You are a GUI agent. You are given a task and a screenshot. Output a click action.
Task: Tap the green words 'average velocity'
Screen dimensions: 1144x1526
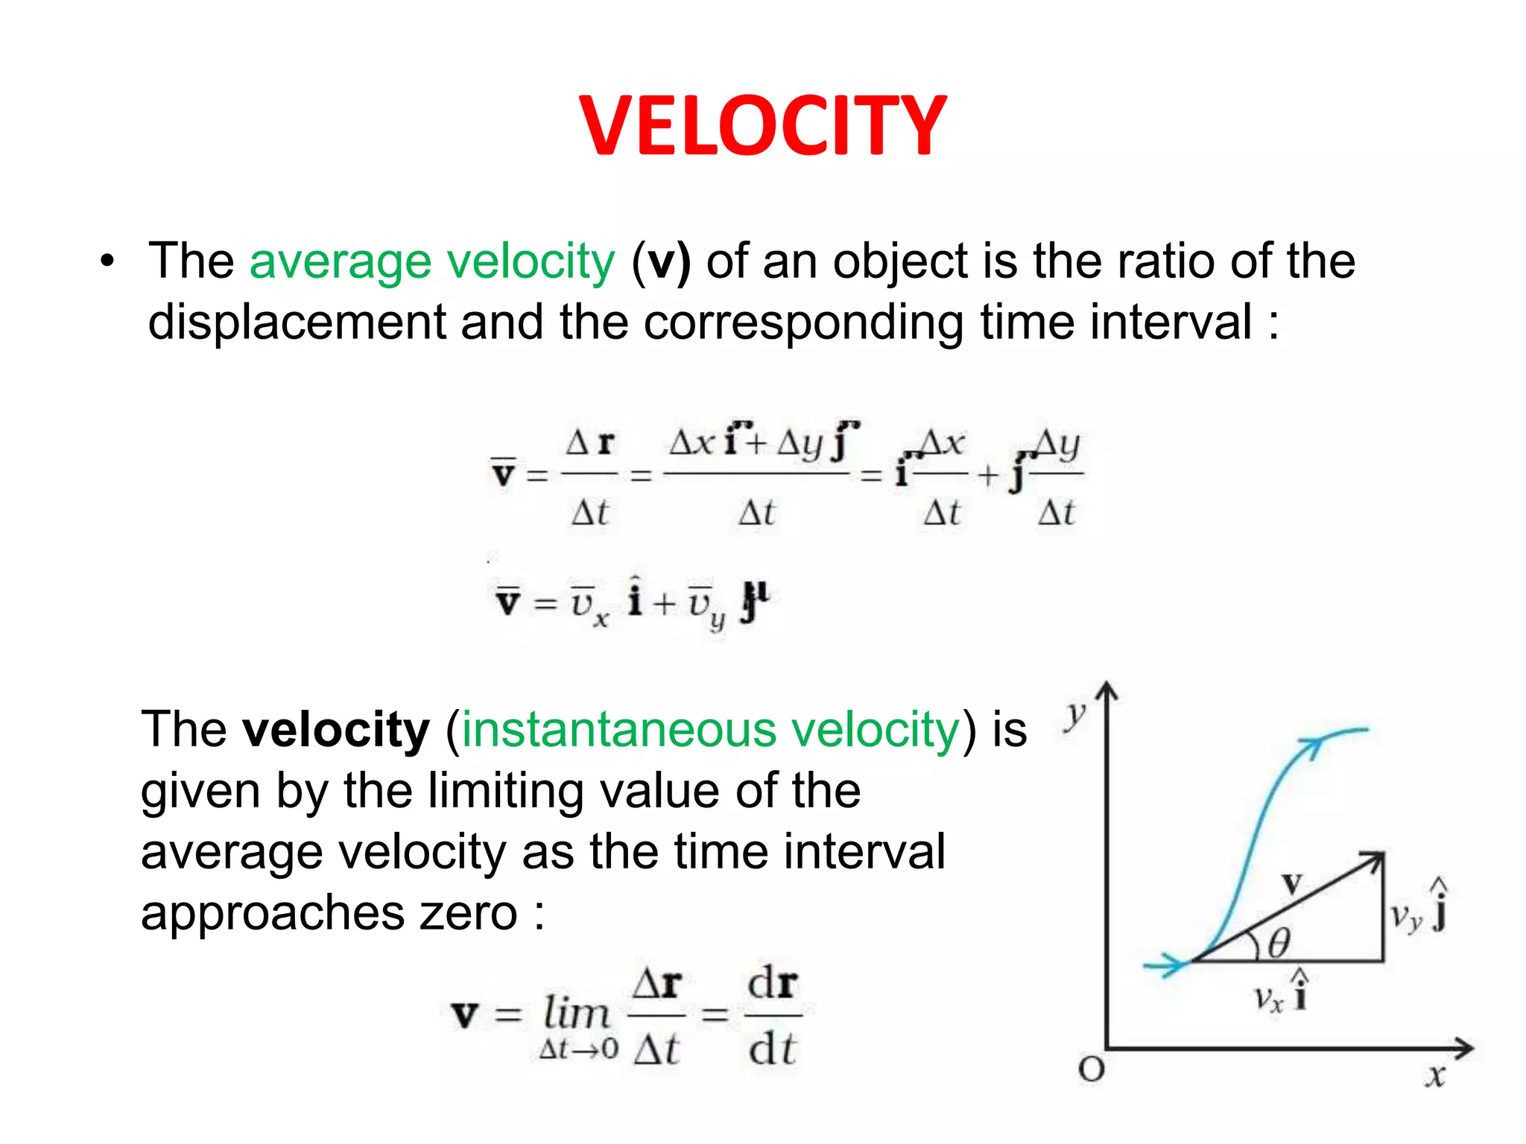[432, 262]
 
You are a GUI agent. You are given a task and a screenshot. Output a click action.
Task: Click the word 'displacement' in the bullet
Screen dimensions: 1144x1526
[296, 323]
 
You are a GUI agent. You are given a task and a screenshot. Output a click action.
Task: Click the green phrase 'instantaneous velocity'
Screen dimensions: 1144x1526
[710, 730]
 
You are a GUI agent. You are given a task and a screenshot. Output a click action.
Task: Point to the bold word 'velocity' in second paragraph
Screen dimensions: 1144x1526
[336, 730]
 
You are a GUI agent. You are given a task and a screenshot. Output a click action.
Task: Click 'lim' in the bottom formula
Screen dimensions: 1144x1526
[576, 1013]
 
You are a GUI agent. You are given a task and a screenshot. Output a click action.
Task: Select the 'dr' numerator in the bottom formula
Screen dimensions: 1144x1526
[773, 983]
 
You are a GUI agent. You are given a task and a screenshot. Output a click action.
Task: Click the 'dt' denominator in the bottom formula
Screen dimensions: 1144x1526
[773, 1050]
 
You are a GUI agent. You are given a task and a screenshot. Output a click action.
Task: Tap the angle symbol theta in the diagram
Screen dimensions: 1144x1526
[1279, 944]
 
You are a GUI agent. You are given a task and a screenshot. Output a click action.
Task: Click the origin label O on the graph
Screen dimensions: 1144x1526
[1092, 1070]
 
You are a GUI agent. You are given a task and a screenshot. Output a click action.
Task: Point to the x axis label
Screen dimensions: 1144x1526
[1434, 1076]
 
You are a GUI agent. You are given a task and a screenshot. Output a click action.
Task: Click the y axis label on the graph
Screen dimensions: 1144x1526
[1074, 715]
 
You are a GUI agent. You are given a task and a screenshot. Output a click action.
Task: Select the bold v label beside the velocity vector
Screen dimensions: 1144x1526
[1292, 884]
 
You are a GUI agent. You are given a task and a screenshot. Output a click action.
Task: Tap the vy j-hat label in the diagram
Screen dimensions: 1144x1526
[1418, 910]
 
